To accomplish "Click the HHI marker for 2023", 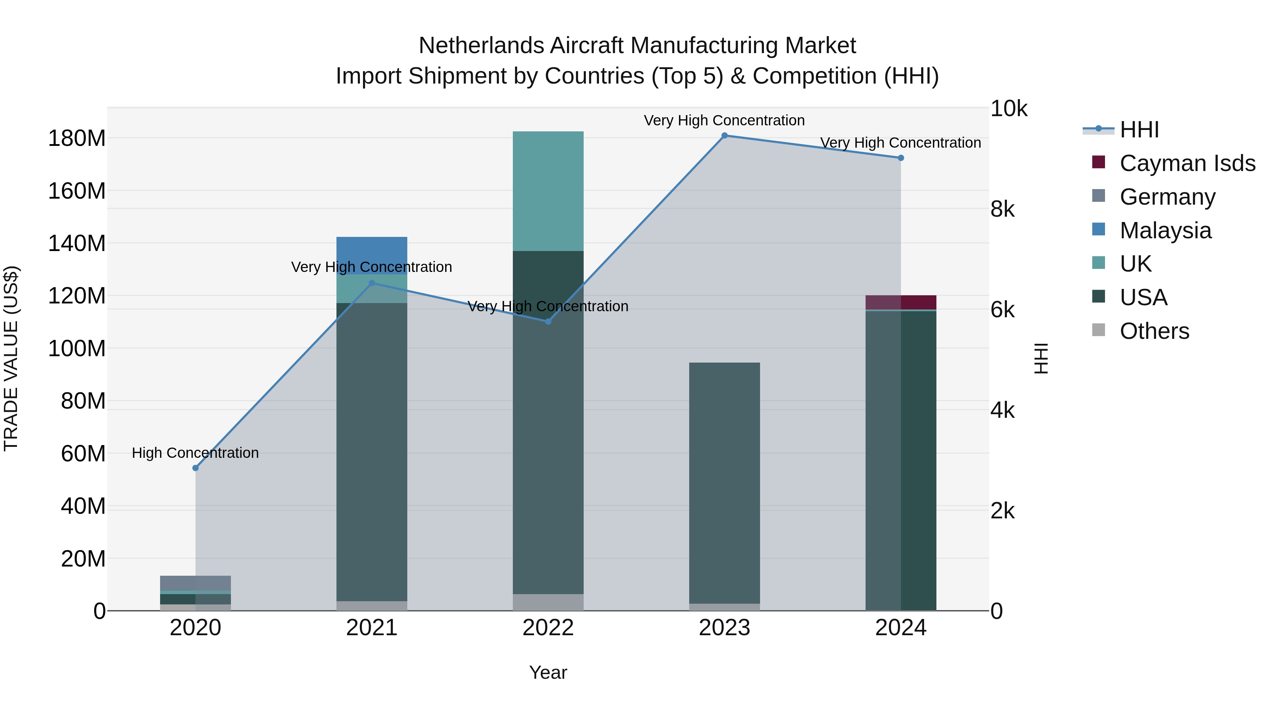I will pos(724,136).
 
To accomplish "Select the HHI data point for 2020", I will pos(195,468).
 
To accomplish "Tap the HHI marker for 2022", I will pos(548,321).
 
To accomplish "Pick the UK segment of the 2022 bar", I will pos(548,191).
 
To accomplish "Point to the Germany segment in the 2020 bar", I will pos(195,583).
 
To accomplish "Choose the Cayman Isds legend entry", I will pos(1186,163).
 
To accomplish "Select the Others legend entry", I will pos(1154,331).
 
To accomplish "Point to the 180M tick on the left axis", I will pos(77,138).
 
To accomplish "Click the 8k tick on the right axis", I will pos(1002,209).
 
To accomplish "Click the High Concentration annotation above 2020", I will pos(195,453).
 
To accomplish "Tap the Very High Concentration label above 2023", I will pos(724,120).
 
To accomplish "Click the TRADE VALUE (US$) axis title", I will pos(11,358).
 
